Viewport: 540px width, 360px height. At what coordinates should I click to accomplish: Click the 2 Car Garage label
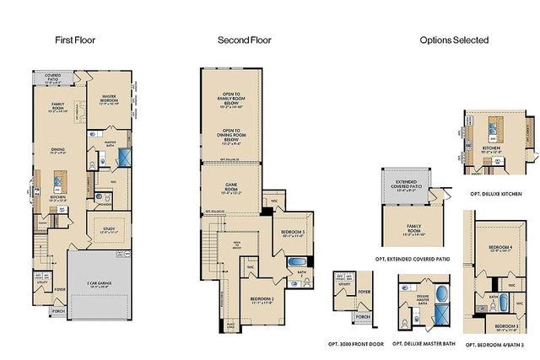tap(100, 282)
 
